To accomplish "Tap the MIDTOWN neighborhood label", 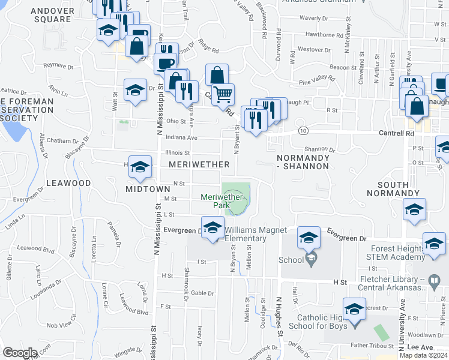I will pos(148,188).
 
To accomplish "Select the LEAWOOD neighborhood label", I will pos(68,182).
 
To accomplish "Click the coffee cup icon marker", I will pos(165,63).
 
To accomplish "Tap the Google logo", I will pos(20,353).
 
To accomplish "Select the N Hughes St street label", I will pos(279,320).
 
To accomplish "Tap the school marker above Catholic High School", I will pos(354,310).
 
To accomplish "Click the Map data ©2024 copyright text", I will pos(423,355).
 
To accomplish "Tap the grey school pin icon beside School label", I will pos(310,259).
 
